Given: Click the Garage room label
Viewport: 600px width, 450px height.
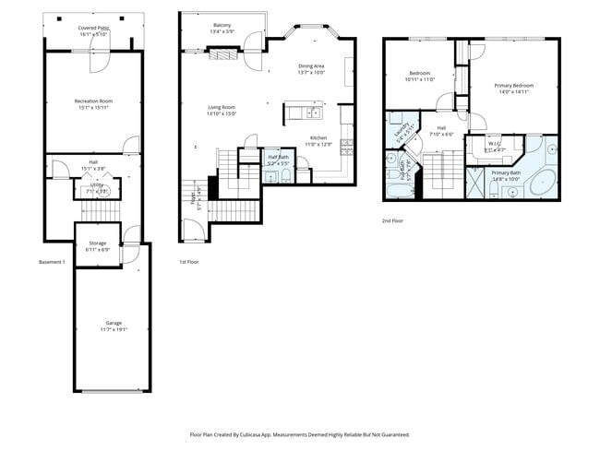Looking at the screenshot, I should click(x=114, y=323).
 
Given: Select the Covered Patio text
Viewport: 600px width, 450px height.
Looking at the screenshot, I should click(x=93, y=29).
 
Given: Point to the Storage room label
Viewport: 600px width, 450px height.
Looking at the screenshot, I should click(x=97, y=244).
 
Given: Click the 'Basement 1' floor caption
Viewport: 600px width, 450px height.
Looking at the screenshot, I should click(x=52, y=262).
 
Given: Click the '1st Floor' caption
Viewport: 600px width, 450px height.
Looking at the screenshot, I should click(x=190, y=262).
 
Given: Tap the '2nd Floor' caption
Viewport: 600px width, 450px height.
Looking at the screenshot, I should click(x=393, y=220).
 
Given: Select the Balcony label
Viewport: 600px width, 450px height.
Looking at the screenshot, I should click(x=222, y=25).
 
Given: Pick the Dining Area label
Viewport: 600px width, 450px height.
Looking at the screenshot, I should click(x=311, y=65).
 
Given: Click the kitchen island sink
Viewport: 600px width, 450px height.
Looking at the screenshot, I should click(x=313, y=113).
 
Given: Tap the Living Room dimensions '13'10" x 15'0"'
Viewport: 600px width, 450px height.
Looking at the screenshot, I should click(x=222, y=114).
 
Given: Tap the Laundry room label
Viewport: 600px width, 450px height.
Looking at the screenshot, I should click(x=402, y=132).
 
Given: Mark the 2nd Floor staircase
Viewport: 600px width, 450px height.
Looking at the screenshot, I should click(x=441, y=175).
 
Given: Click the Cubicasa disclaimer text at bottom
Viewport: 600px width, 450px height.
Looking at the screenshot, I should click(x=300, y=433).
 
